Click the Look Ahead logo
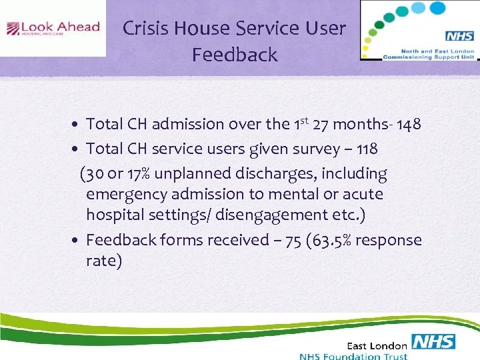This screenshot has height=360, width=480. [x=53, y=29]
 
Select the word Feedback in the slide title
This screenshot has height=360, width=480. [x=235, y=55]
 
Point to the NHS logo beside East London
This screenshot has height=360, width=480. [x=433, y=342]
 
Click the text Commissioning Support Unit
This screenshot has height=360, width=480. [x=419, y=57]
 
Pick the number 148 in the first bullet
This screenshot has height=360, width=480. [x=407, y=125]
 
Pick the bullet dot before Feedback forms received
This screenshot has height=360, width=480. [x=77, y=240]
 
